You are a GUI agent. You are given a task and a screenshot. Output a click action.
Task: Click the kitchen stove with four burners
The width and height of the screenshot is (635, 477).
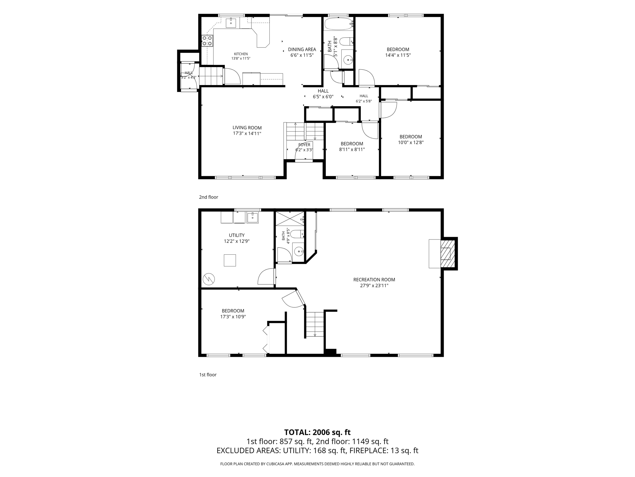point(207,41)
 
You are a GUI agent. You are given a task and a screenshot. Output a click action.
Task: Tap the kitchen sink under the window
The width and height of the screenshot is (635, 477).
point(231,23)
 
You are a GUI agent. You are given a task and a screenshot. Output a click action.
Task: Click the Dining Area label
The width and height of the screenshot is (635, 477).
point(302,49)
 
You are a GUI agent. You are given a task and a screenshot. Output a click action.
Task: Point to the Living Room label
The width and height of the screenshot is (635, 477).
point(247,128)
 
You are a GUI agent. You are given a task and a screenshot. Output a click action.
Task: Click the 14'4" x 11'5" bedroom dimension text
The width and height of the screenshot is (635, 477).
point(398,55)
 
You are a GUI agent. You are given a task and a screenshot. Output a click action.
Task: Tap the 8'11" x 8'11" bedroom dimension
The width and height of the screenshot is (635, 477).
point(352,149)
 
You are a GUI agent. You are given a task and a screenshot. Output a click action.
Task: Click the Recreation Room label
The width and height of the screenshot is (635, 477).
point(374,279)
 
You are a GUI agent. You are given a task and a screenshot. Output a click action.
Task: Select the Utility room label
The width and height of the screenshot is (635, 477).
point(237,235)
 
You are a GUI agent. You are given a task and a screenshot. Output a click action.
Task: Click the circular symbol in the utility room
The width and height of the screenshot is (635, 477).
point(208,279)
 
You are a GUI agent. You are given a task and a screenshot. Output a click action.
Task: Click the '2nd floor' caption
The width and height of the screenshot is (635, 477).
point(209,197)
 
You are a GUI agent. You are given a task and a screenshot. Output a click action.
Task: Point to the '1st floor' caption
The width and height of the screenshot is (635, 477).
point(208,375)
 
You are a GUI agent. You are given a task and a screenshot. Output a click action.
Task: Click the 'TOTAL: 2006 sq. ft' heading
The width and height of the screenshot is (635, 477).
point(317,432)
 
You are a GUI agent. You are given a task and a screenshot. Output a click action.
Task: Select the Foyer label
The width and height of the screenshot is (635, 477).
point(304,145)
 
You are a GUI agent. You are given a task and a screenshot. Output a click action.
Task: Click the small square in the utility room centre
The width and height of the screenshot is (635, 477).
point(230,260)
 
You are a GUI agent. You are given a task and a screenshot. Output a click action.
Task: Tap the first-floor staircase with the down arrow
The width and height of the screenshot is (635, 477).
point(315,325)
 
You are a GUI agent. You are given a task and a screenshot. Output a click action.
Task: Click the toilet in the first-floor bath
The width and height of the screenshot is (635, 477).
point(297,234)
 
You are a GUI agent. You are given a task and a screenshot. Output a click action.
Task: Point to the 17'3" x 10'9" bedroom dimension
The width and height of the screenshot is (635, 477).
point(233,317)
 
